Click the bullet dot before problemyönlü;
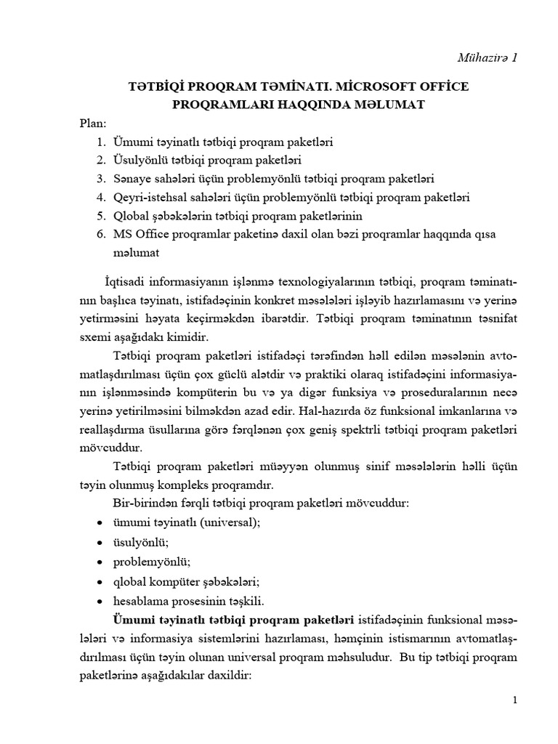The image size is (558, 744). (100, 562)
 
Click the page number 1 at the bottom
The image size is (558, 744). (514, 700)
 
